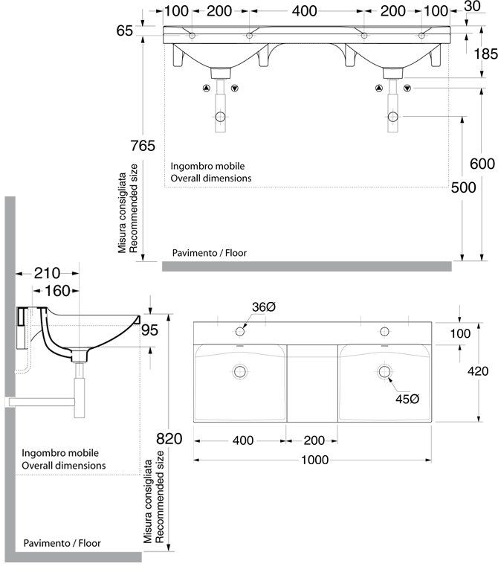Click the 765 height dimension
(143, 146)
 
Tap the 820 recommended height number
(169, 439)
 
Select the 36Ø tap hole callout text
(264, 306)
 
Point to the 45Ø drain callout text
(407, 399)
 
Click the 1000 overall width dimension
(314, 460)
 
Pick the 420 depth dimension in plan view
(478, 371)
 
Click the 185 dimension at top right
(486, 54)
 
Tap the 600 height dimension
(482, 164)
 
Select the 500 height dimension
(463, 187)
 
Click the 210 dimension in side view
(47, 273)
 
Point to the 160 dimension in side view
(57, 291)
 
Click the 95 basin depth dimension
(149, 330)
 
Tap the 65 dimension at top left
(124, 31)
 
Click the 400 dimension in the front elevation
(304, 11)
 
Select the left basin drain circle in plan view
(240, 371)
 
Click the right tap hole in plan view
(385, 331)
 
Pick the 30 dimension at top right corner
(472, 6)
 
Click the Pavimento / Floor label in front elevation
(209, 253)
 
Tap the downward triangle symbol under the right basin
(407, 89)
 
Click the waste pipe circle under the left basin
(220, 117)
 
